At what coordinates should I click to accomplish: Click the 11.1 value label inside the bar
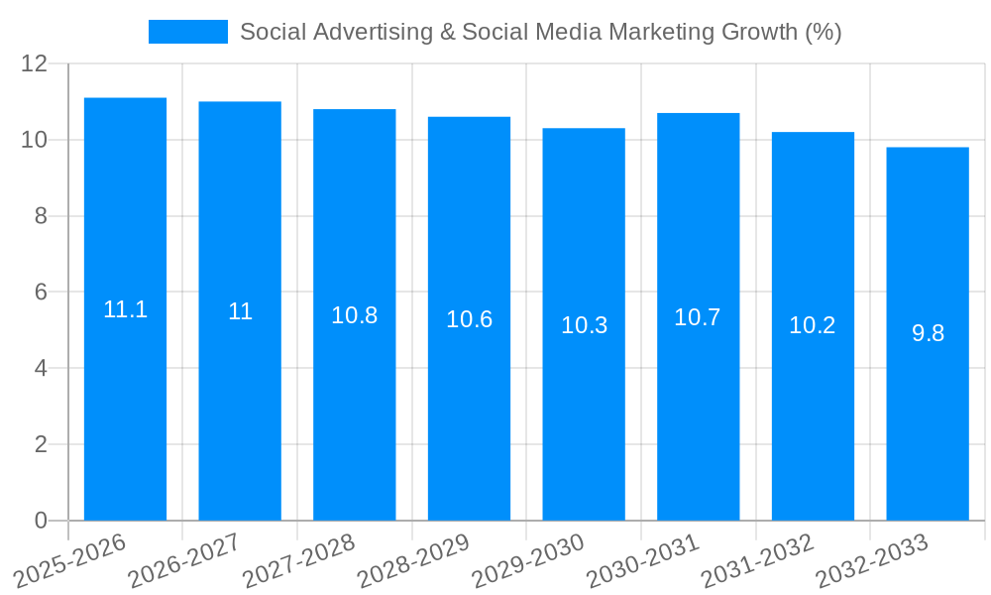125,309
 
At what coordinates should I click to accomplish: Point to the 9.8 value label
928,333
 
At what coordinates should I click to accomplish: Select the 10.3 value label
584,325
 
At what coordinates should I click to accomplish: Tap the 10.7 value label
698,317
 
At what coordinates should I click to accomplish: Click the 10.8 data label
354,315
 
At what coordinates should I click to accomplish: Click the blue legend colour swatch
188,32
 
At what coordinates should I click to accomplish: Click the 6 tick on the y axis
41,293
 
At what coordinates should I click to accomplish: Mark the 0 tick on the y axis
41,521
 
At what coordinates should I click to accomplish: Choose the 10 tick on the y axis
34,140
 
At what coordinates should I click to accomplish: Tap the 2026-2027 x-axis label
184,561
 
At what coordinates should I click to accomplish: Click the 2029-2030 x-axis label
527,561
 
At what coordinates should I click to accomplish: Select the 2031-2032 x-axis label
757,561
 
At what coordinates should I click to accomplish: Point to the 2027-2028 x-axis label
298,561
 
